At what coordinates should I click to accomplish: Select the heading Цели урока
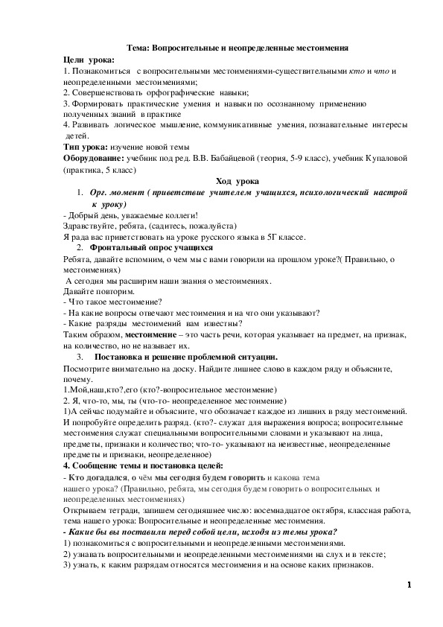89,59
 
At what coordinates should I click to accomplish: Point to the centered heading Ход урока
238,181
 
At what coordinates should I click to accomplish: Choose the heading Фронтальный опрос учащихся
151,247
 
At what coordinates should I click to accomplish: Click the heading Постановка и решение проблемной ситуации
185,357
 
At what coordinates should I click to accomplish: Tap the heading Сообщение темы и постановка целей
138,465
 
